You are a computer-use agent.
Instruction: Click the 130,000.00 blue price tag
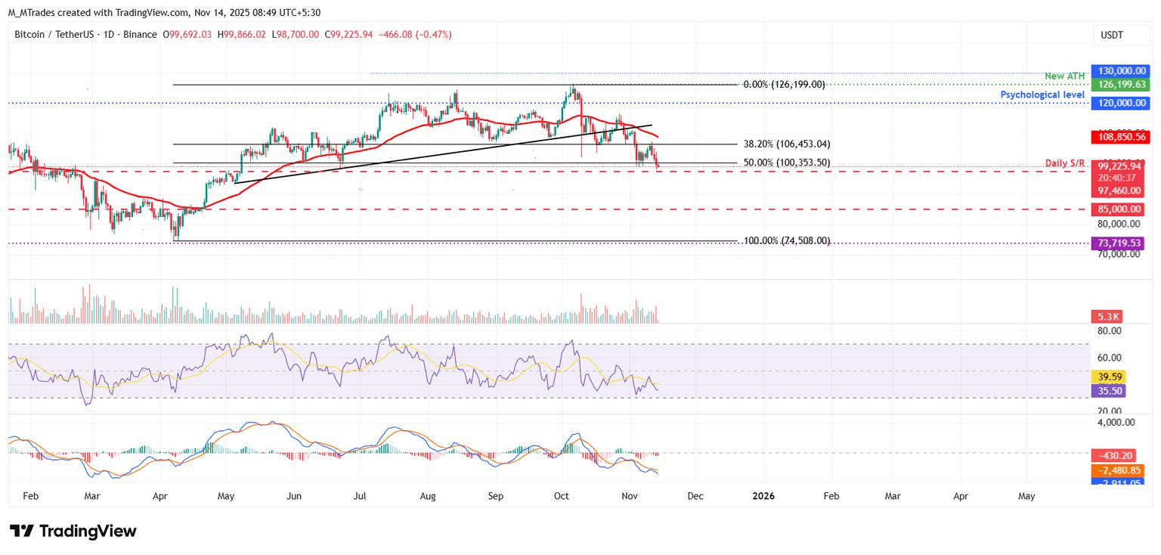pyautogui.click(x=1119, y=70)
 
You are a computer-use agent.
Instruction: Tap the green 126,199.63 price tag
pyautogui.click(x=1119, y=85)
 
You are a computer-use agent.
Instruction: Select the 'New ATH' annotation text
pyautogui.click(x=1065, y=76)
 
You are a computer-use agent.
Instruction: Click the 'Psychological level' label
pyautogui.click(x=1042, y=95)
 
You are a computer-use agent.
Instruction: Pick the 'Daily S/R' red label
pyautogui.click(x=1066, y=163)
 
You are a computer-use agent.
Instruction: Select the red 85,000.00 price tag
pyautogui.click(x=1119, y=209)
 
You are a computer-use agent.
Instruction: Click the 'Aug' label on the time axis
pyautogui.click(x=429, y=497)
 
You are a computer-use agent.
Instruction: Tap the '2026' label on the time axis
pyautogui.click(x=763, y=497)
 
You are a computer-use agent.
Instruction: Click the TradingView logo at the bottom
pyautogui.click(x=73, y=531)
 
